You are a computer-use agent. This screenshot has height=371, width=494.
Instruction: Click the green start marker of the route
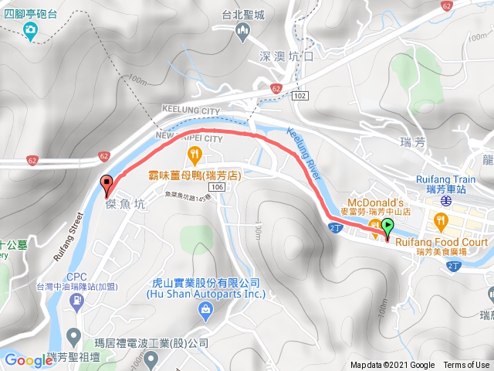pos(387,226)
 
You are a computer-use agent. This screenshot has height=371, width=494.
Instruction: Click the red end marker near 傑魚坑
pos(106,183)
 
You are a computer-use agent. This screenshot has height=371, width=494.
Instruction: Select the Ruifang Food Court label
pos(442,242)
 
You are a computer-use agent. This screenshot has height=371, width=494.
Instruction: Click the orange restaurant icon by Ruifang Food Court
pos(440,223)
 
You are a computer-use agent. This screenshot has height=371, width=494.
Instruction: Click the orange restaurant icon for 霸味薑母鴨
pos(195,155)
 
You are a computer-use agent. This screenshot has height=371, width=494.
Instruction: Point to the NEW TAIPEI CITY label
pos(189,138)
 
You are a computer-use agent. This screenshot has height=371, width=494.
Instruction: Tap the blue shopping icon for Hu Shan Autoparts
pos(205,310)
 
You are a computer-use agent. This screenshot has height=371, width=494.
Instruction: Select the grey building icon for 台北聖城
pos(243,32)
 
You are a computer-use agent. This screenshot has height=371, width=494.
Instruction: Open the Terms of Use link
pos(466,366)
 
